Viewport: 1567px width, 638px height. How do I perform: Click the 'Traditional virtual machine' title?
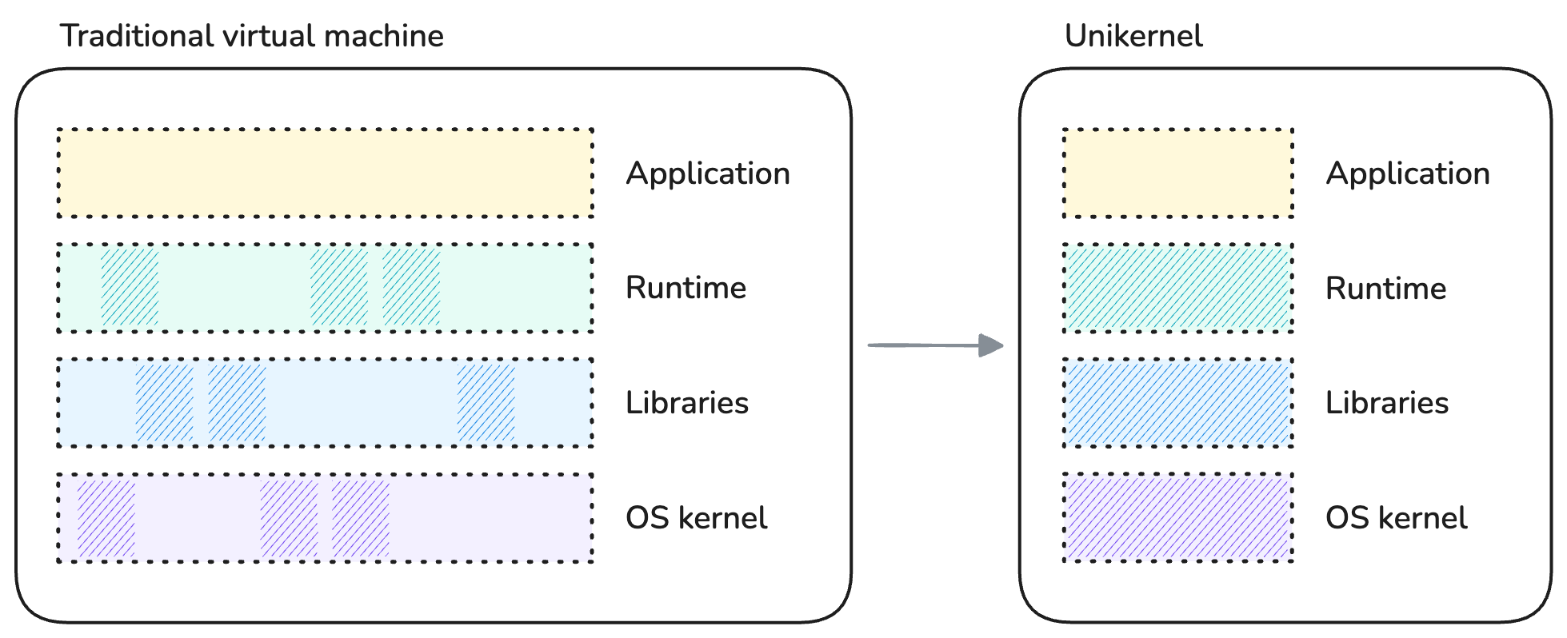coord(251,36)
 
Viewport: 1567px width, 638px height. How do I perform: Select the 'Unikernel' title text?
coord(1133,36)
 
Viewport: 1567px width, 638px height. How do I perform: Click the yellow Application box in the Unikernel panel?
coord(1177,173)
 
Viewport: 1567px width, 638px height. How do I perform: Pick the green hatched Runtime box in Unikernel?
coord(1177,288)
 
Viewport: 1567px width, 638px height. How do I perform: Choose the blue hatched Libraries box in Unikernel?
coord(1177,403)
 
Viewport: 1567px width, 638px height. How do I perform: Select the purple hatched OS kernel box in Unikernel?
coord(1177,517)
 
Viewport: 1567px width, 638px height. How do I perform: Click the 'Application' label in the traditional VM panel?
coord(708,173)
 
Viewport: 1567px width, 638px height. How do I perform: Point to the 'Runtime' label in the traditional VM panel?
coord(686,288)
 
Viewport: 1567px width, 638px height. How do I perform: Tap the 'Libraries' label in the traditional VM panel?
coord(687,403)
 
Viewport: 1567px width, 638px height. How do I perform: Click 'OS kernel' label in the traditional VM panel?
coord(696,518)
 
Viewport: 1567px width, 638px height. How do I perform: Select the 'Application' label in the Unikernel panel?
coord(1408,173)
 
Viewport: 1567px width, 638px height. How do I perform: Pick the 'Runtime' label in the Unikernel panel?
coord(1385,288)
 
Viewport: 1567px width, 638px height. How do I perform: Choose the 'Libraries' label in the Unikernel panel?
coord(1387,403)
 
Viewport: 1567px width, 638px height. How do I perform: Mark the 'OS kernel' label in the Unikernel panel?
coord(1396,518)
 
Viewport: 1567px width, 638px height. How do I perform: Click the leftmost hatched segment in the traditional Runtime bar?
coord(130,288)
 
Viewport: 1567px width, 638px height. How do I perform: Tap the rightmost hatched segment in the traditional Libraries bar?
coord(486,403)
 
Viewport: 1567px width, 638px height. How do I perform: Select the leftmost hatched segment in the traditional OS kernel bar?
coord(106,517)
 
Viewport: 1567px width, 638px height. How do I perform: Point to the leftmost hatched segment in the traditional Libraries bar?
coord(165,403)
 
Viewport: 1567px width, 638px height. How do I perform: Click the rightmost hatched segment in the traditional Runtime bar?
coord(411,288)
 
